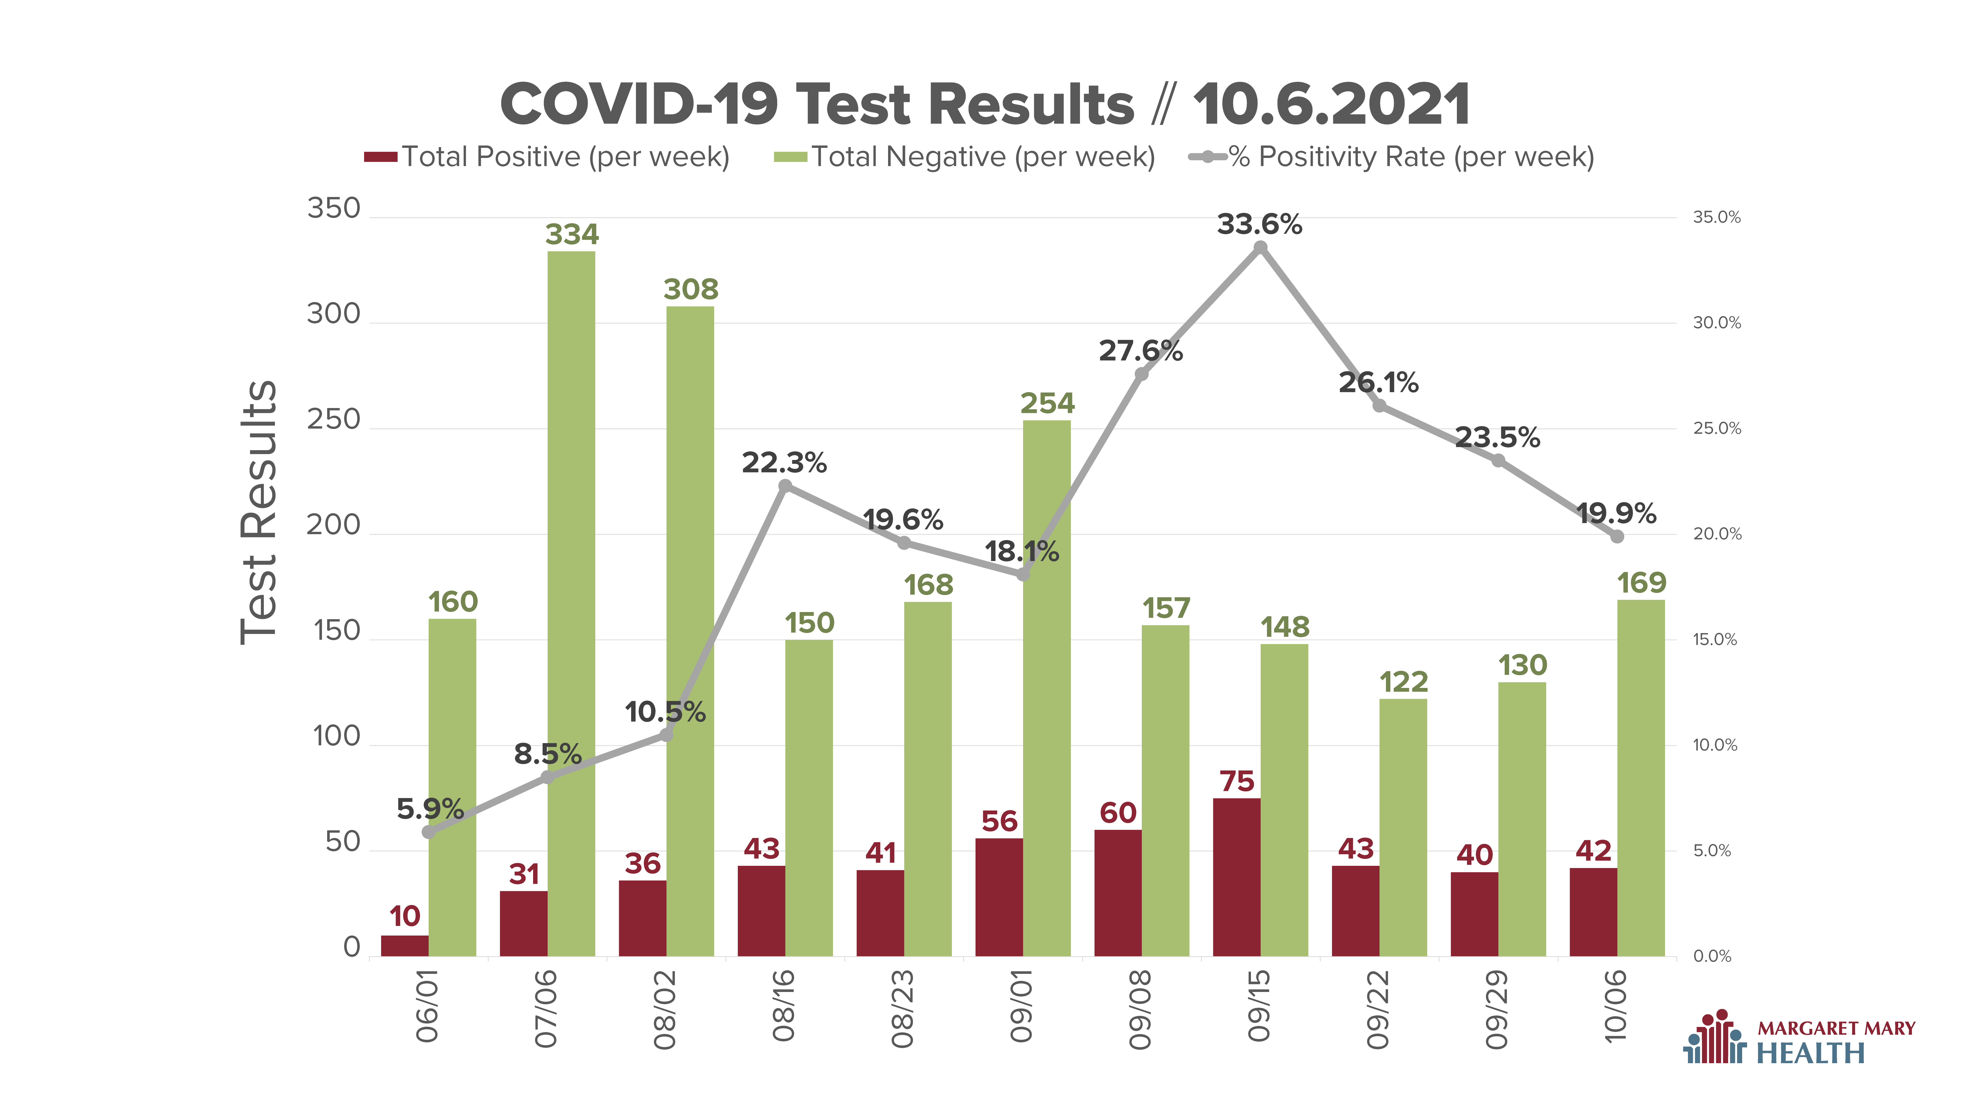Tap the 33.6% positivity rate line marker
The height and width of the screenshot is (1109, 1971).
pos(1260,247)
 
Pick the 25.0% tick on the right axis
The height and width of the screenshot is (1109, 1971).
pos(1717,429)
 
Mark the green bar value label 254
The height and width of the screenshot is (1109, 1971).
pos(1047,403)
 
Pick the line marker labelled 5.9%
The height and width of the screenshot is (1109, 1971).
pos(428,832)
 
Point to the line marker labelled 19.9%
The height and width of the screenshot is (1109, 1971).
pos(1617,537)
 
